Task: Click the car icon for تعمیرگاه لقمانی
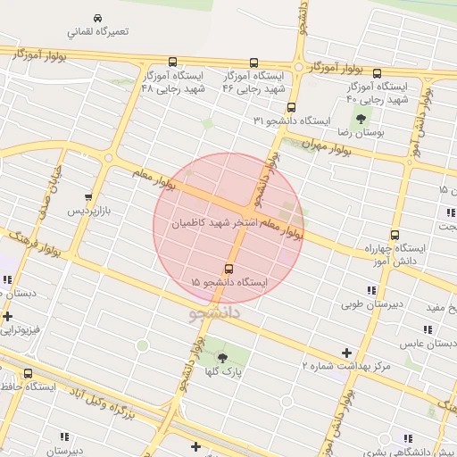(x=96, y=18)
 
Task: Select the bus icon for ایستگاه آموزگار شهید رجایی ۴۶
(x=253, y=63)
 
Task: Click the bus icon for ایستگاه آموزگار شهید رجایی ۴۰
(x=377, y=74)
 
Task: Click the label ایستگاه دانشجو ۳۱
(x=292, y=120)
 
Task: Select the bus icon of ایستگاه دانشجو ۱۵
(x=229, y=268)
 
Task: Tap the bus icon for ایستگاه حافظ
(x=28, y=374)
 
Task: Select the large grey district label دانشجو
(x=215, y=315)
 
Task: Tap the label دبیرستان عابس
(x=428, y=342)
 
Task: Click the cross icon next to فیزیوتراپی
(x=8, y=316)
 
